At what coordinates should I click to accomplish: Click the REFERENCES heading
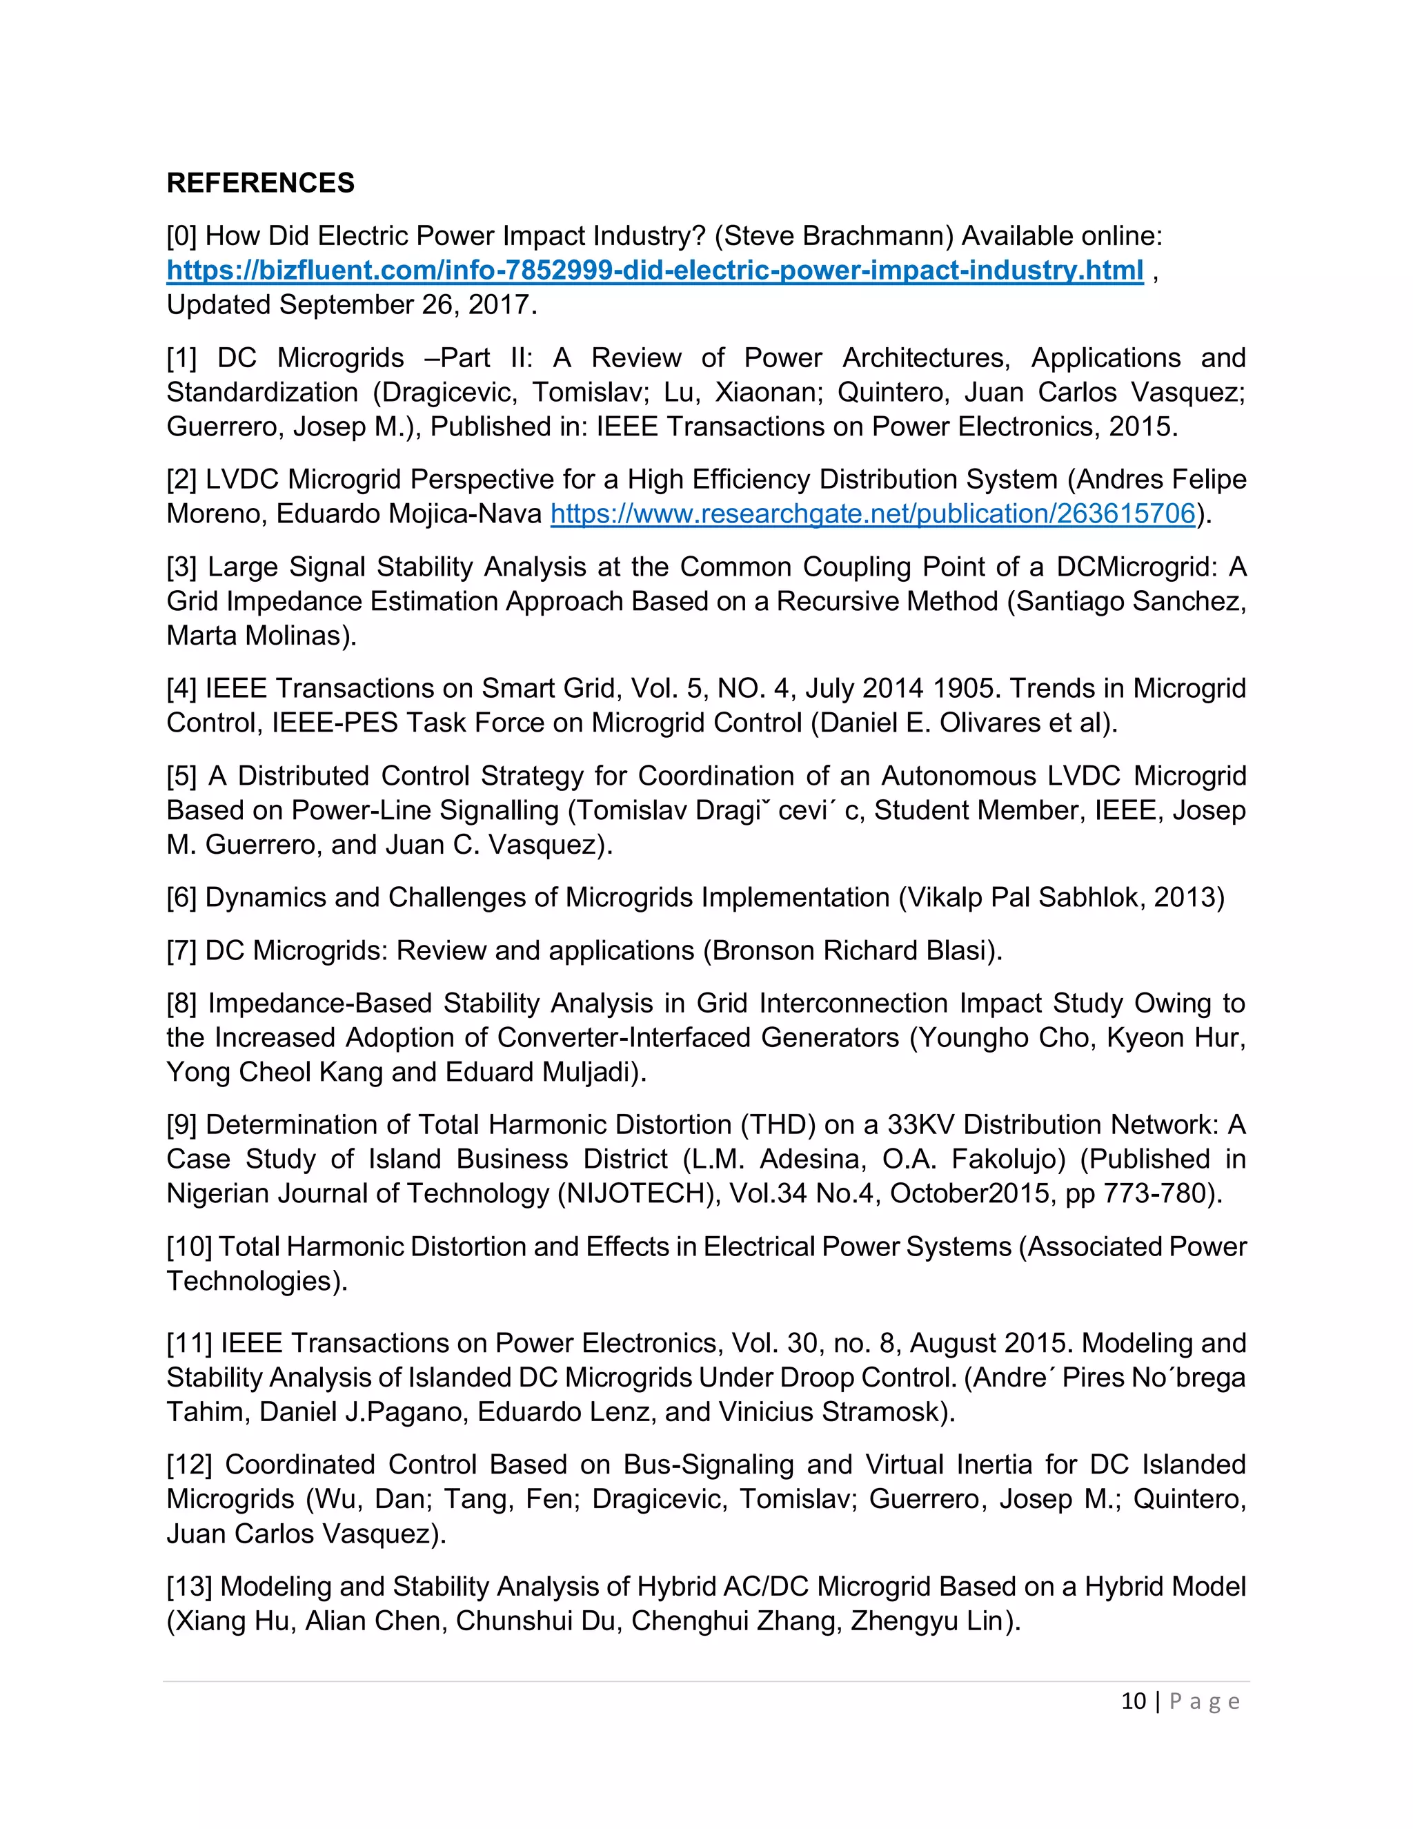(x=260, y=183)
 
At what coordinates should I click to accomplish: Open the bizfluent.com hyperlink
(x=655, y=271)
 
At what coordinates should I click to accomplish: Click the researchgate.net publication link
(x=872, y=514)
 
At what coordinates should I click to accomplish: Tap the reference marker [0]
(x=181, y=236)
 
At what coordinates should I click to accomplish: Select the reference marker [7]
(x=181, y=950)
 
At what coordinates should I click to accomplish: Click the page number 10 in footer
(x=1133, y=1701)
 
